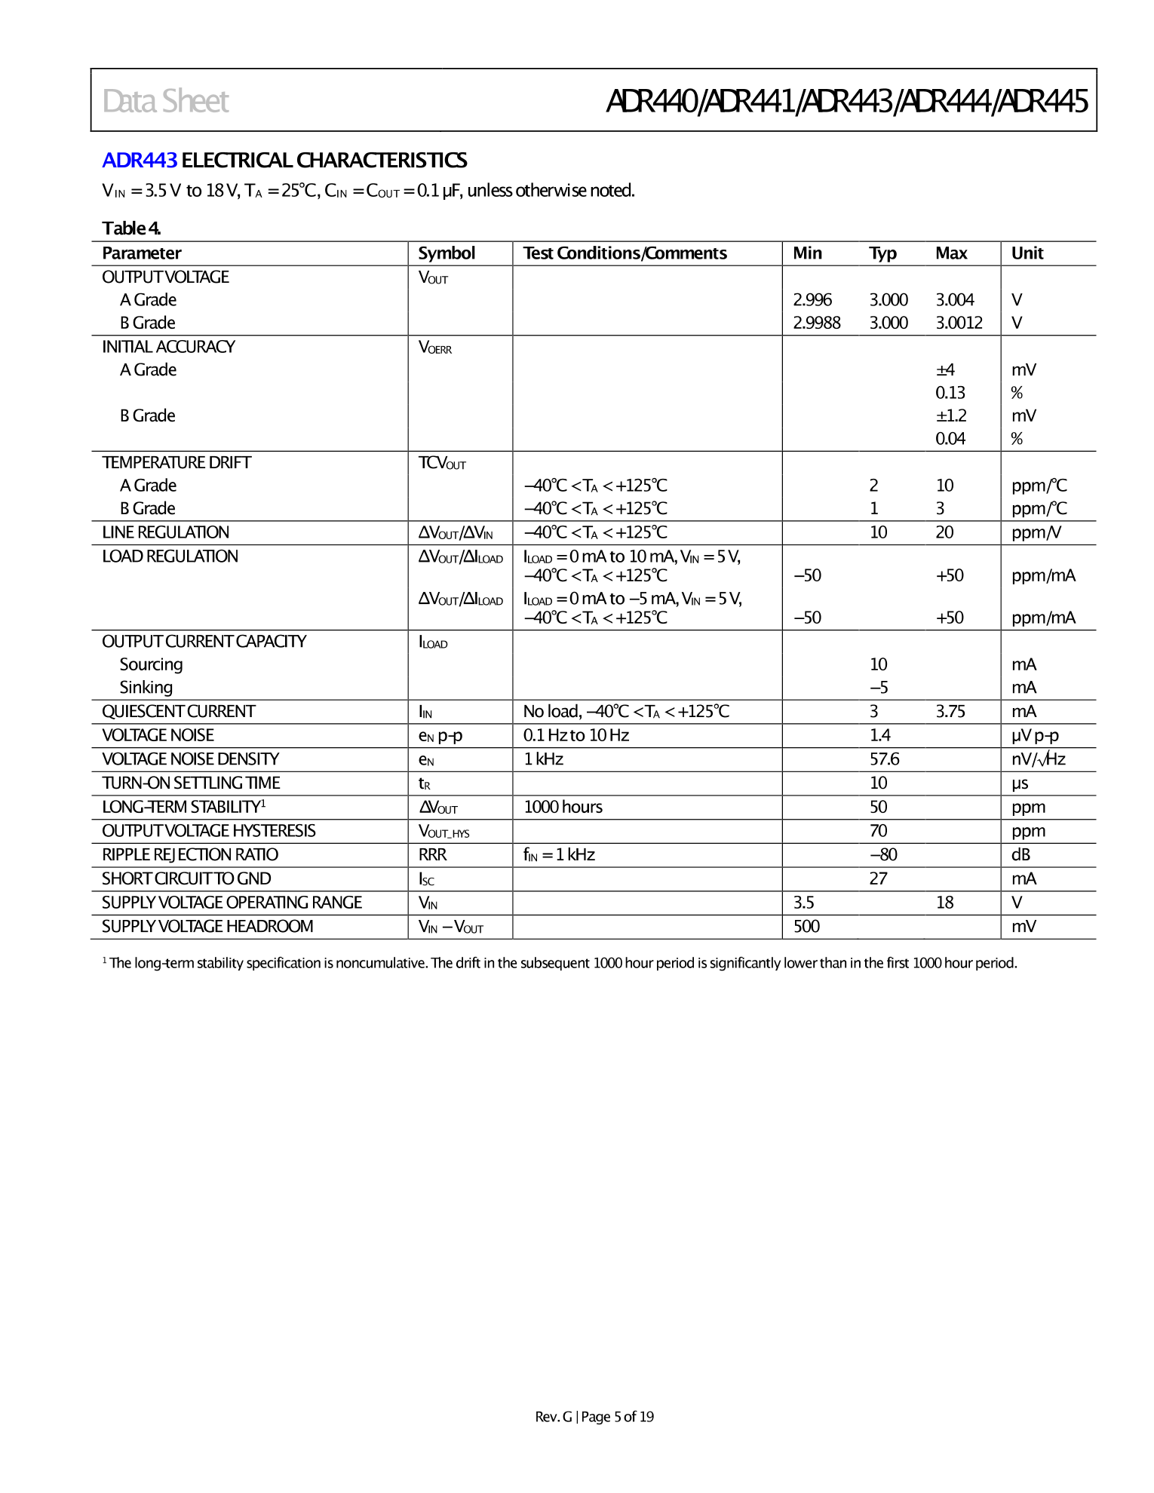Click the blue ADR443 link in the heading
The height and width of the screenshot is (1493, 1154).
click(140, 161)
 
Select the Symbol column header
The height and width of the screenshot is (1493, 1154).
click(447, 253)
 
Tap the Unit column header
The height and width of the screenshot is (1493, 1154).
click(1027, 253)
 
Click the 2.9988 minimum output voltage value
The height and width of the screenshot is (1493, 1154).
click(816, 323)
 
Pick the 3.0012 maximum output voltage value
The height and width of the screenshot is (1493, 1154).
click(959, 323)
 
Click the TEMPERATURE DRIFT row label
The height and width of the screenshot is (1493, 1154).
click(176, 462)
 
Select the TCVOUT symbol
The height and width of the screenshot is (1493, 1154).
click(442, 463)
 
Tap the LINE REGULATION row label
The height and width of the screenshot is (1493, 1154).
click(165, 532)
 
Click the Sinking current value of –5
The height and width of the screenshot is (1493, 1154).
click(879, 688)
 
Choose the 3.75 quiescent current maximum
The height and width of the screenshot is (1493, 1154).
click(950, 711)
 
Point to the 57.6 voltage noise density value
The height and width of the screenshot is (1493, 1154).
click(884, 759)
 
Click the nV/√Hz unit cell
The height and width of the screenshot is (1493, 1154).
click(1038, 759)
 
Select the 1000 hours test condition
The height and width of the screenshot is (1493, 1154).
click(563, 807)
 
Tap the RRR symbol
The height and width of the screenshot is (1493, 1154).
click(432, 854)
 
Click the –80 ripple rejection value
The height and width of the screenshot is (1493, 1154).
click(883, 854)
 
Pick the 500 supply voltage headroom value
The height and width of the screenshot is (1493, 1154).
click(806, 926)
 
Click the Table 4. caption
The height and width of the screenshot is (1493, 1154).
click(131, 228)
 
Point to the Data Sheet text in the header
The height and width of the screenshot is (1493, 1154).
click(165, 101)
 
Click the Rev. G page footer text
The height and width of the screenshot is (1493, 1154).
click(594, 1417)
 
